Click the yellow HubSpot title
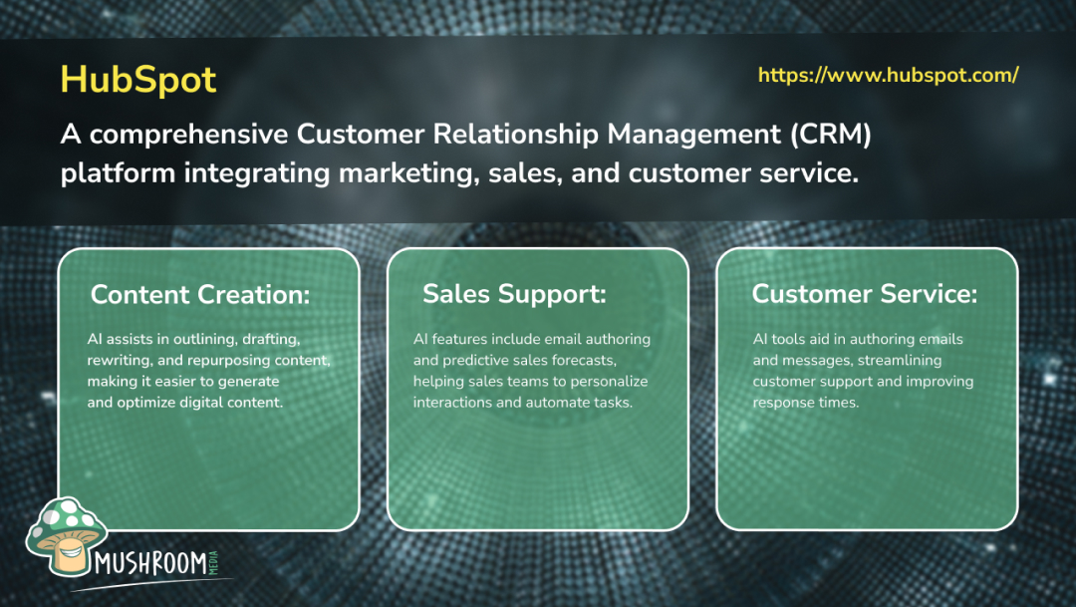137,80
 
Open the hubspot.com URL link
888,76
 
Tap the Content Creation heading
200,294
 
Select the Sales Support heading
514,294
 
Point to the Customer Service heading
864,294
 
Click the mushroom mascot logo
66,539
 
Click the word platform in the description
118,172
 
